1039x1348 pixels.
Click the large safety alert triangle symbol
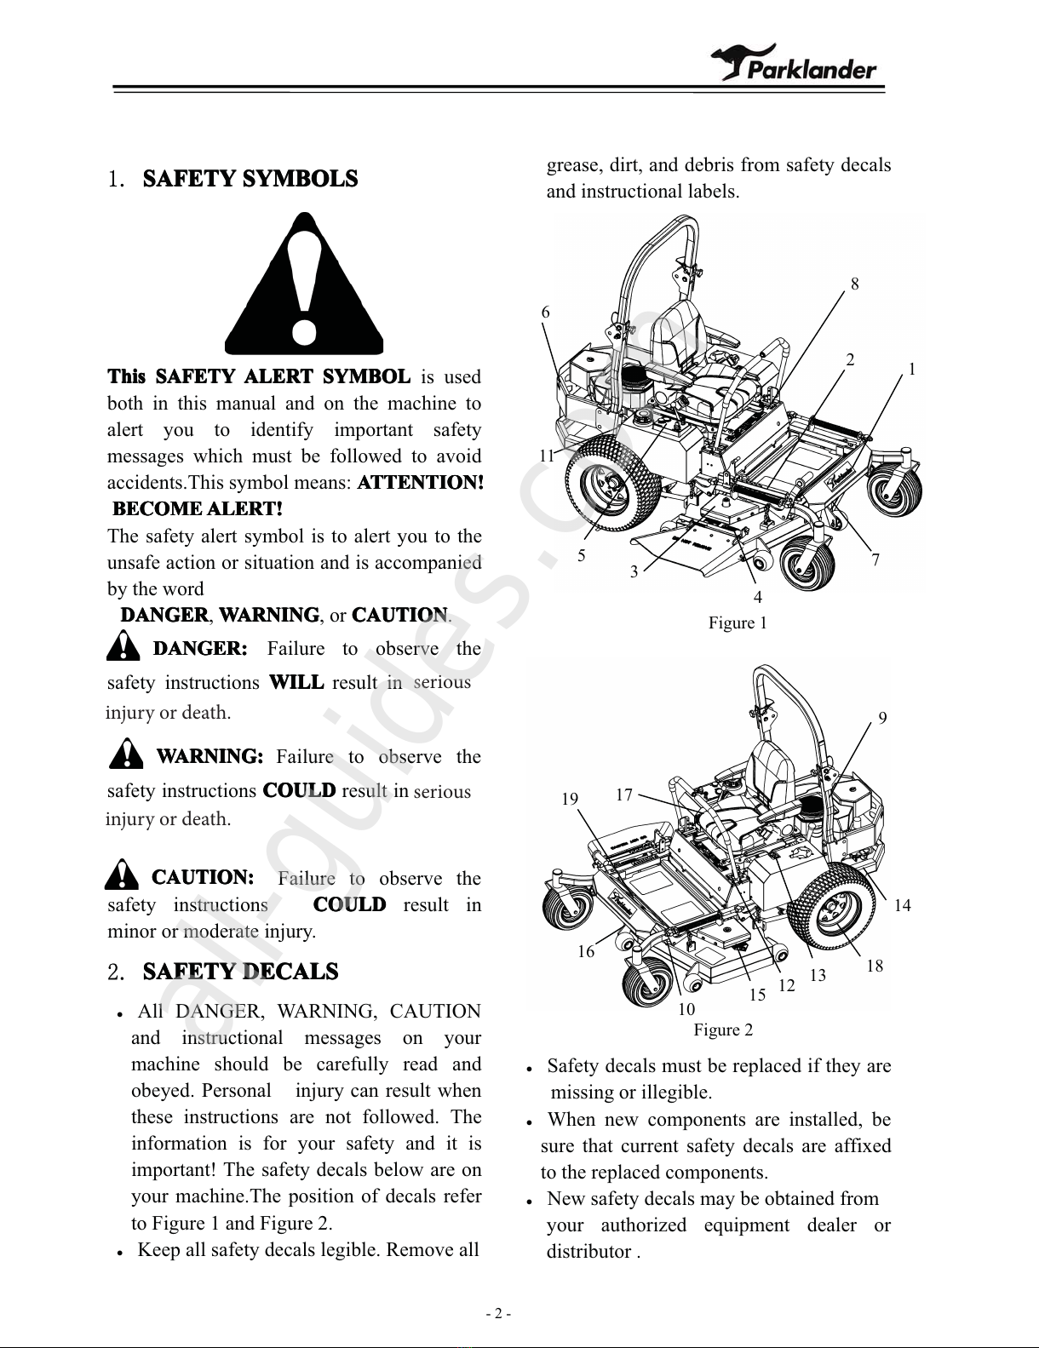point(304,284)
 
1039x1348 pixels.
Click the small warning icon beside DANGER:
point(123,645)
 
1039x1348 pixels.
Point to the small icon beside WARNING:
point(126,753)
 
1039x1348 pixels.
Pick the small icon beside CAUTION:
point(122,874)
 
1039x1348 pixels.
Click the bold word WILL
point(296,682)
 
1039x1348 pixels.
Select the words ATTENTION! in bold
point(421,482)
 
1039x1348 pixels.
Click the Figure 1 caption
point(738,622)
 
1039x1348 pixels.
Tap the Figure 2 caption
point(723,1030)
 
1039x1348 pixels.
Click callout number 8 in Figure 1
point(855,284)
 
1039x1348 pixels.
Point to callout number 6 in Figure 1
point(545,312)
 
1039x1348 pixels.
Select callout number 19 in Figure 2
point(570,799)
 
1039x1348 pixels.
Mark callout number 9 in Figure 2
point(882,718)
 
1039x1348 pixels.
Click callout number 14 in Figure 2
point(902,906)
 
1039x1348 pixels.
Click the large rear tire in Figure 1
point(613,484)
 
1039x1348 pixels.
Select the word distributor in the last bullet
point(588,1252)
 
